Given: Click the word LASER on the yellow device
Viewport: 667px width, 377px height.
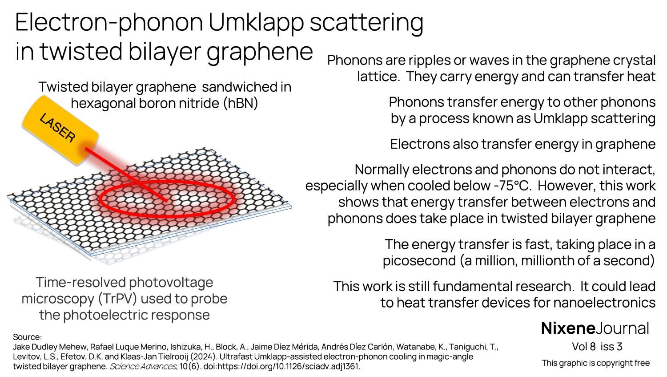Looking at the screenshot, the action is (57, 128).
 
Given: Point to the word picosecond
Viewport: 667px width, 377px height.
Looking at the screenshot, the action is (419, 261).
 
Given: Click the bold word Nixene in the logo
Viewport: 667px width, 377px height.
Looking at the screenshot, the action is (568, 328).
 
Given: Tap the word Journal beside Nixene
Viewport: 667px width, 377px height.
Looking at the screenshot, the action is (622, 328).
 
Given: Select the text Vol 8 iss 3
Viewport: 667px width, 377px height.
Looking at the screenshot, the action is (597, 347).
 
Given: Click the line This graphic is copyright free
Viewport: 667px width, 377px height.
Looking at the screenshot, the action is (595, 363).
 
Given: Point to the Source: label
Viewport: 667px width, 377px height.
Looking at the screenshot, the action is (28, 337).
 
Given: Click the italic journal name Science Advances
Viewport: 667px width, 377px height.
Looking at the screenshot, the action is (143, 366).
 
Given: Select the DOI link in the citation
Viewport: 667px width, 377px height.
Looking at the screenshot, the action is (281, 366).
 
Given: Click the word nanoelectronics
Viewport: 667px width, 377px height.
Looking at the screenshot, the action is (604, 303).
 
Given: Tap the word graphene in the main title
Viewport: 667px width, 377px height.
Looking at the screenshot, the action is (259, 52).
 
